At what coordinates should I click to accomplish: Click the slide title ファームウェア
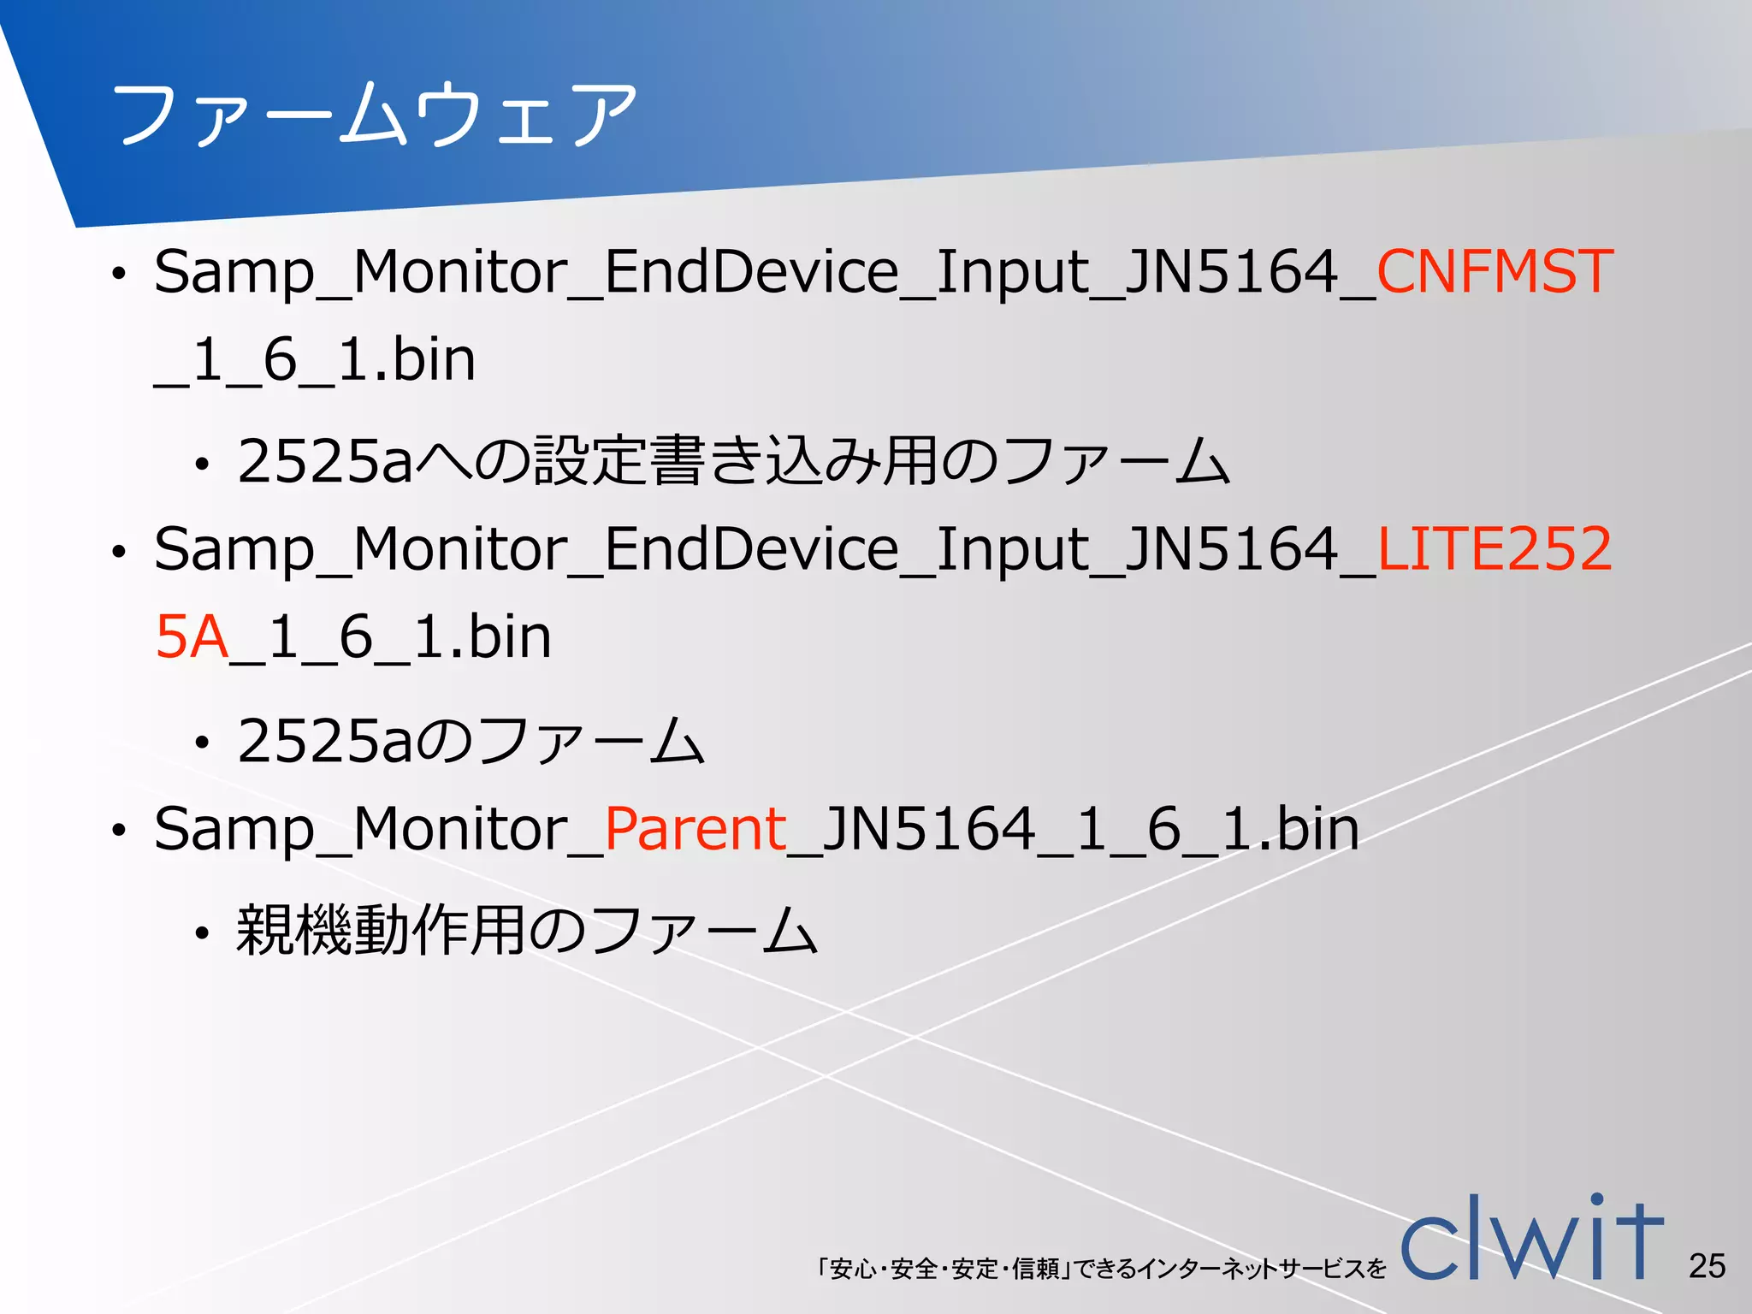(x=374, y=115)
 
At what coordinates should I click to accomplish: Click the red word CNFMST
(x=1494, y=272)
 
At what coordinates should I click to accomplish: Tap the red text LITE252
(x=1494, y=549)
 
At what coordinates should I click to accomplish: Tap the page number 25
(x=1707, y=1265)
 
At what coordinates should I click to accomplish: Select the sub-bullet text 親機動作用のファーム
(x=527, y=931)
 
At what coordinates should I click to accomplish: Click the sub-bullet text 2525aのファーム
(x=471, y=741)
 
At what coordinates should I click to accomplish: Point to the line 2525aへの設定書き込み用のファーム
(x=733, y=462)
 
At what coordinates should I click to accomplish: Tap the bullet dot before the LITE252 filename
(x=118, y=553)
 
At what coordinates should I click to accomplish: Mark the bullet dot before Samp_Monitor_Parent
(x=118, y=831)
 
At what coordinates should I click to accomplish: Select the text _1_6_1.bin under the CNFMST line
(x=315, y=360)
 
